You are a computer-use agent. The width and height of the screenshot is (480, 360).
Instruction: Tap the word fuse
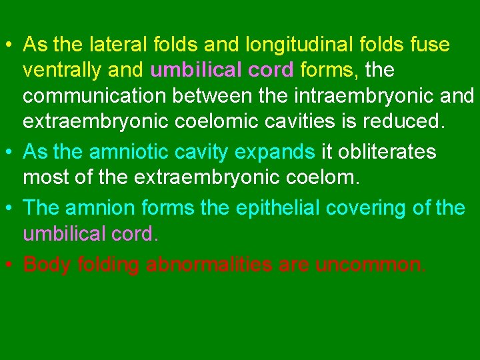(x=429, y=45)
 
